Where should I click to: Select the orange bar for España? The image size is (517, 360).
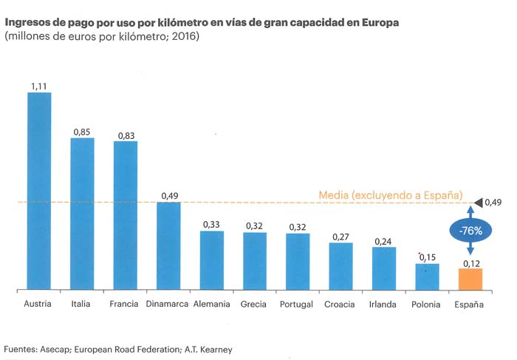coord(470,279)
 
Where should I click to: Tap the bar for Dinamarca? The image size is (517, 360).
coord(168,245)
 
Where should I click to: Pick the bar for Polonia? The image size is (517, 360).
coord(427,276)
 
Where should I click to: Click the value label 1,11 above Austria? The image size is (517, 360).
coord(39,86)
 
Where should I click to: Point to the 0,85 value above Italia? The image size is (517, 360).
coord(82,132)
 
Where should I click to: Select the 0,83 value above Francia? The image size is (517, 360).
coord(125,135)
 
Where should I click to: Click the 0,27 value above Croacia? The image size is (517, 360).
coord(340,237)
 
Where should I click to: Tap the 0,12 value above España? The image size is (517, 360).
coord(470,263)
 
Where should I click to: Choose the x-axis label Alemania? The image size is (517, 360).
coord(211,305)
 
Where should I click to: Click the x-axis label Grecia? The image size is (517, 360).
coord(254,305)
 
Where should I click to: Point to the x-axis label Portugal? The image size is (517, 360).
coord(298,305)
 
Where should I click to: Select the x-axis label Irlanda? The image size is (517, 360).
coord(383,305)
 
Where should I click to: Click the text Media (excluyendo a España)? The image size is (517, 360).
coord(391,195)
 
